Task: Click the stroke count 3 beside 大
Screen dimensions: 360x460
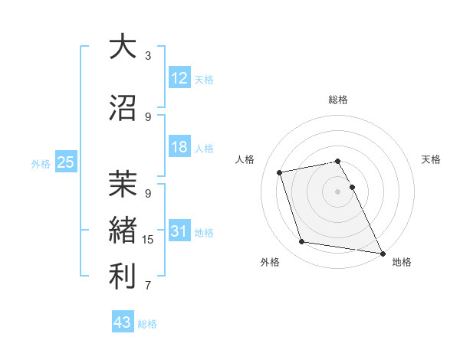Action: coord(148,56)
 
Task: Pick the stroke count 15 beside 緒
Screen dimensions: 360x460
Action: coord(148,240)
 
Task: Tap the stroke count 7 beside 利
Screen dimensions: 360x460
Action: coord(148,286)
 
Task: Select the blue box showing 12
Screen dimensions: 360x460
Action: coord(179,78)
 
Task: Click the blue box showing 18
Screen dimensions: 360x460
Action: coord(179,147)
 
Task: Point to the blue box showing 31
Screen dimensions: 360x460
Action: coord(179,231)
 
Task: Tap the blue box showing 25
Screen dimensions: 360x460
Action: coord(65,162)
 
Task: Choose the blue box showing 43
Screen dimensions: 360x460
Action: coord(123,322)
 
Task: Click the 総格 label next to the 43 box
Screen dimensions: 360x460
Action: coord(147,324)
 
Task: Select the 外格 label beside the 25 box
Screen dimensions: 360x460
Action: coord(41,163)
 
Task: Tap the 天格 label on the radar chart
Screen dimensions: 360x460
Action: coord(431,159)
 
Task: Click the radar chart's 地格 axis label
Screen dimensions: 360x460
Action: coord(402,262)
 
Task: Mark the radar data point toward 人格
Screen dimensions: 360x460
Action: coord(280,172)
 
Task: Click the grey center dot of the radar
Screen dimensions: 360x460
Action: coord(337,191)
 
